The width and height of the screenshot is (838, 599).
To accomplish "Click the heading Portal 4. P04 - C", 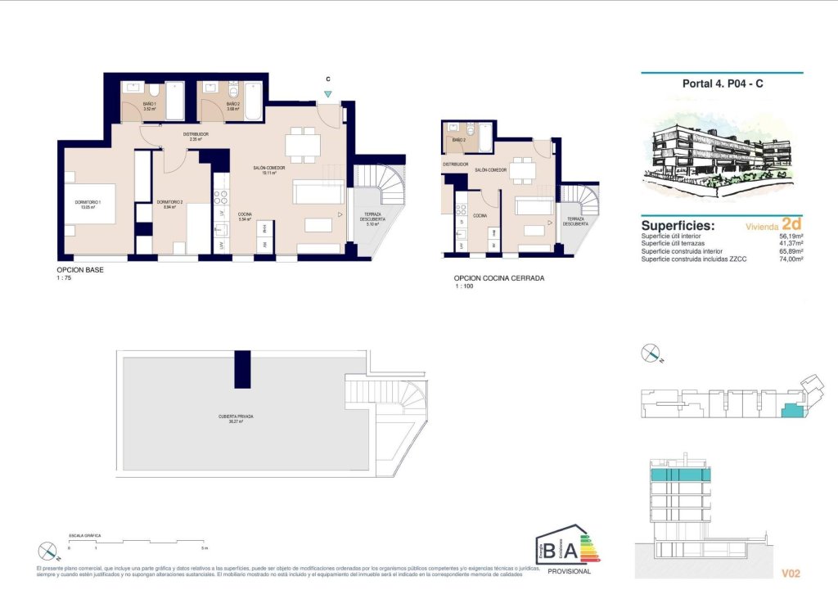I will tap(723, 83).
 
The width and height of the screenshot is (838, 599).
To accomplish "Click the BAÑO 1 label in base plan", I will tap(151, 106).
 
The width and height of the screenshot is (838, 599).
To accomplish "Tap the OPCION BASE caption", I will tap(80, 269).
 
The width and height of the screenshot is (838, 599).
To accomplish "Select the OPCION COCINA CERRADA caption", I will tap(498, 278).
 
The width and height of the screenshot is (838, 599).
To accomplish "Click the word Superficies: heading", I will tap(678, 226).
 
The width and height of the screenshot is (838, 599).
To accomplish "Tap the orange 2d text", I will tap(791, 223).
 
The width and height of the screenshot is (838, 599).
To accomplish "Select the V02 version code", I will tap(791, 574).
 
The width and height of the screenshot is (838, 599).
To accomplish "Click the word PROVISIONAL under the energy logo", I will tap(568, 571).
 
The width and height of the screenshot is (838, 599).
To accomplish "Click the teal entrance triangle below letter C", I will tap(327, 94).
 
